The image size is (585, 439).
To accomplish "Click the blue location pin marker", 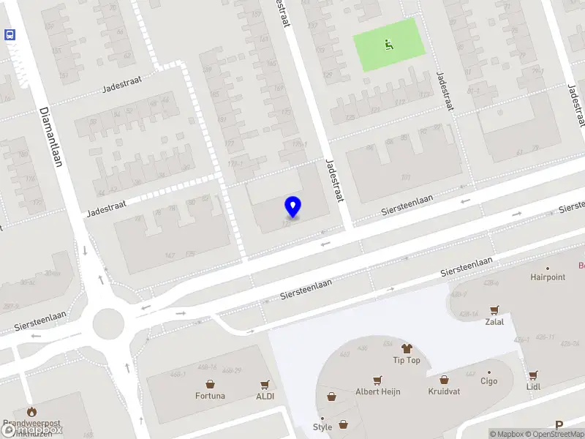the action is tap(292, 206).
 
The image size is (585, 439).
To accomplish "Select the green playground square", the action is tap(388, 45).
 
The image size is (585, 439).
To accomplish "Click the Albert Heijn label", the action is tap(378, 391).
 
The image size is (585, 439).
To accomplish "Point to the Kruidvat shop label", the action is tap(444, 391).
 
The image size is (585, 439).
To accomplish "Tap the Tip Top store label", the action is tap(407, 360).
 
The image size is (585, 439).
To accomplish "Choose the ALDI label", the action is tap(265, 396).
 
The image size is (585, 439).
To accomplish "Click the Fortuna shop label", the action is tap(210, 396).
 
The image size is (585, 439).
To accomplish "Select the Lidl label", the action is tap(532, 386).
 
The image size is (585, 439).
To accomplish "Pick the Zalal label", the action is tap(494, 321).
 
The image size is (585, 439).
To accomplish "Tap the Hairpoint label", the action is tap(548, 277).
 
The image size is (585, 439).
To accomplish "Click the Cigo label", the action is tap(488, 380).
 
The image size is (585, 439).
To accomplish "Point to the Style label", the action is tap(322, 427).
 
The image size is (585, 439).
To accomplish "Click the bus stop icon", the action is tap(10, 34).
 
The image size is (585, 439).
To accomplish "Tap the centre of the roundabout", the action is tap(108, 320).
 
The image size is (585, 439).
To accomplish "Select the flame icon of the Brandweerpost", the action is tap(31, 412).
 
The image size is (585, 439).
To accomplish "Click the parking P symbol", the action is tap(559, 425).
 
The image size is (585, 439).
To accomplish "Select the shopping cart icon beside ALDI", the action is tap(265, 384).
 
